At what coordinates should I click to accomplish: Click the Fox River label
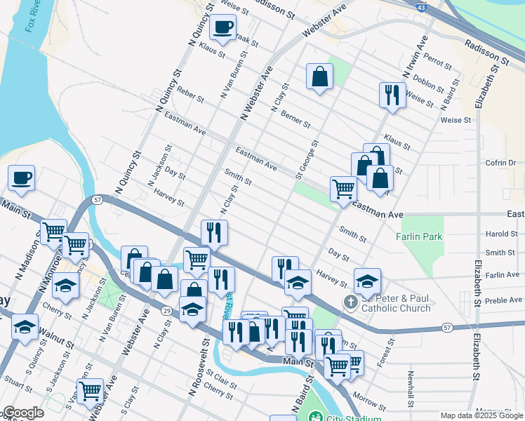coord(32,15)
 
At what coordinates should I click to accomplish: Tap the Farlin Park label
coord(420,236)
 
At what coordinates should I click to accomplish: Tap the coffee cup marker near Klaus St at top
coord(223,28)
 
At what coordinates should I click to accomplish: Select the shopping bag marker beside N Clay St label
coord(319,78)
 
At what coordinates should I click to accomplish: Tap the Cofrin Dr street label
coord(500,163)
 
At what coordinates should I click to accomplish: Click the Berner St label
coord(295,119)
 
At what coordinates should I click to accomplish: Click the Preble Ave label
coord(505,300)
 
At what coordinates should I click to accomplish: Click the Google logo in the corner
coord(23,413)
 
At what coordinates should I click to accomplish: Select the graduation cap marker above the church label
coord(367,281)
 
